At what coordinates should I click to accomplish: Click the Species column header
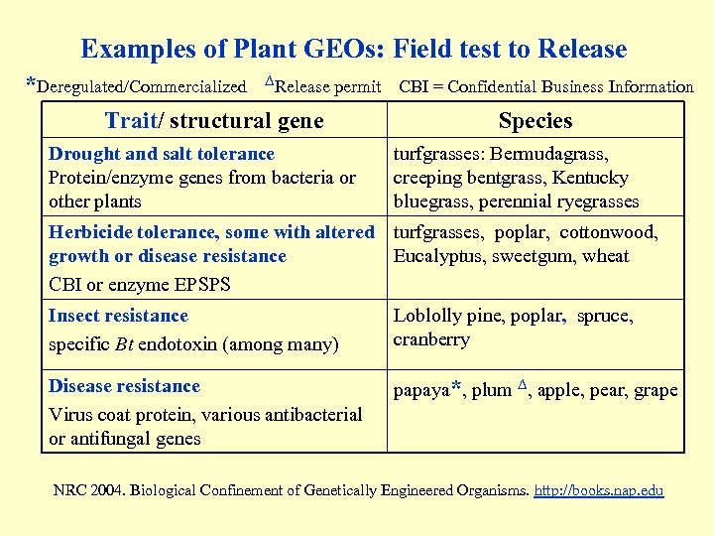(535, 121)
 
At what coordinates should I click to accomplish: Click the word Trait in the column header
(131, 121)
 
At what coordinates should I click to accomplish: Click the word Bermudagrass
(556, 154)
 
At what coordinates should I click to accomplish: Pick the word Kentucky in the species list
(592, 178)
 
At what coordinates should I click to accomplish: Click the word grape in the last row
(655, 390)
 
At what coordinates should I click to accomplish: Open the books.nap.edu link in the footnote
(599, 490)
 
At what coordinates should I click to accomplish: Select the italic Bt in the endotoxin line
(126, 345)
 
